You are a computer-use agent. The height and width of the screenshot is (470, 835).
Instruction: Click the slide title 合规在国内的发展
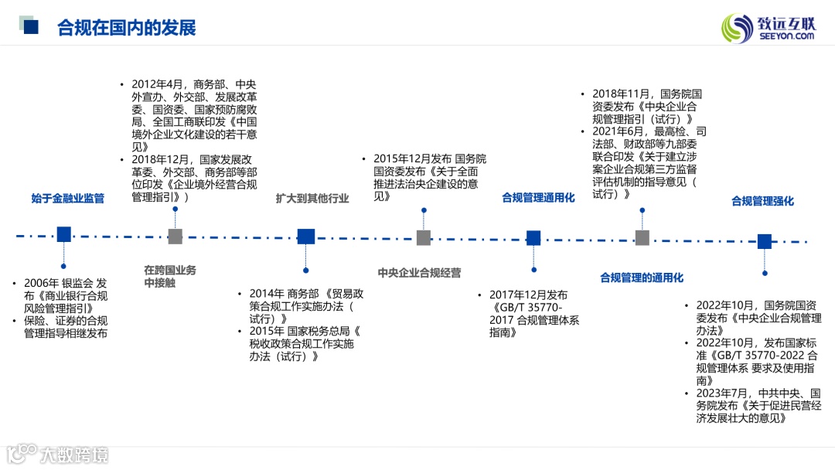pos(126,28)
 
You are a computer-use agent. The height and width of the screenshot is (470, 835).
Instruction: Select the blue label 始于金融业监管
pos(67,199)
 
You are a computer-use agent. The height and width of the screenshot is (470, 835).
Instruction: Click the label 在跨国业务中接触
pos(170,277)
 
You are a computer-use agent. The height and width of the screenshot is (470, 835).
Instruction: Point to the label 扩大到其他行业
pos(312,199)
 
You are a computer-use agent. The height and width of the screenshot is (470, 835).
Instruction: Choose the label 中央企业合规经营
pos(419,273)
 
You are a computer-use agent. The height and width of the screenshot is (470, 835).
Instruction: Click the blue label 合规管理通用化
pos(538,198)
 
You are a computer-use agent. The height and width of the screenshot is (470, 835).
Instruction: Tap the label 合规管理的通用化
pos(642,278)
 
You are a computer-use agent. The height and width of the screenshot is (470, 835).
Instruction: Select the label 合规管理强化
pos(762,201)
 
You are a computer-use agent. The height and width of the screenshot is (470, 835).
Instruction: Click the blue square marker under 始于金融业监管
pos(64,234)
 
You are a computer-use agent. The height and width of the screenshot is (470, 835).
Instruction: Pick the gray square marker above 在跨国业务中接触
pos(176,237)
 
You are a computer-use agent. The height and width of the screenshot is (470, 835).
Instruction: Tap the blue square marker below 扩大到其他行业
pos(306,237)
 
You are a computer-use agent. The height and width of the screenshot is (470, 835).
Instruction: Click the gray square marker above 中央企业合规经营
pos(423,238)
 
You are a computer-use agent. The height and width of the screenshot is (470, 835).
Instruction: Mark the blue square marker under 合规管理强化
pos(765,241)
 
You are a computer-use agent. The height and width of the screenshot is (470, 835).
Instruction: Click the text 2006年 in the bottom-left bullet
pos(41,283)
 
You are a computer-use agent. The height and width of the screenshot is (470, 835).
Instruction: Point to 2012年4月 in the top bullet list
pos(155,84)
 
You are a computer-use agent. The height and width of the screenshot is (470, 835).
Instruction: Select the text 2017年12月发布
pos(528,295)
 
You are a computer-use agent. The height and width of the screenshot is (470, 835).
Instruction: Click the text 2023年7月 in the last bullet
pos(723,393)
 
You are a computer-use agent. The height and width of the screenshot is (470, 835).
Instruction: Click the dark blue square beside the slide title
pos(31,28)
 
